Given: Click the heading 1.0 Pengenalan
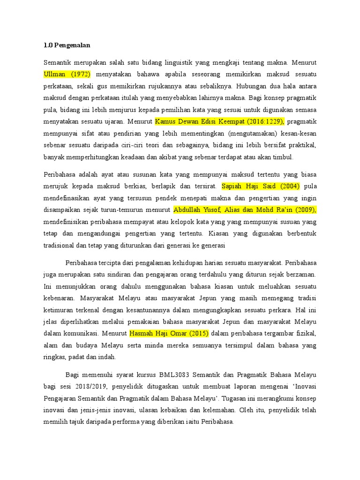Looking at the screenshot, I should point(67,45).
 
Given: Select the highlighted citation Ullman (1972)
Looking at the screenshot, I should point(67,75).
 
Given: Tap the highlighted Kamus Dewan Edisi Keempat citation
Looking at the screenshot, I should point(220,121).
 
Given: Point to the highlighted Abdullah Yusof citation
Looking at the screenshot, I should point(245,210).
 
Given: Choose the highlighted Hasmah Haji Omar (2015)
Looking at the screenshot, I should point(169,333).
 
